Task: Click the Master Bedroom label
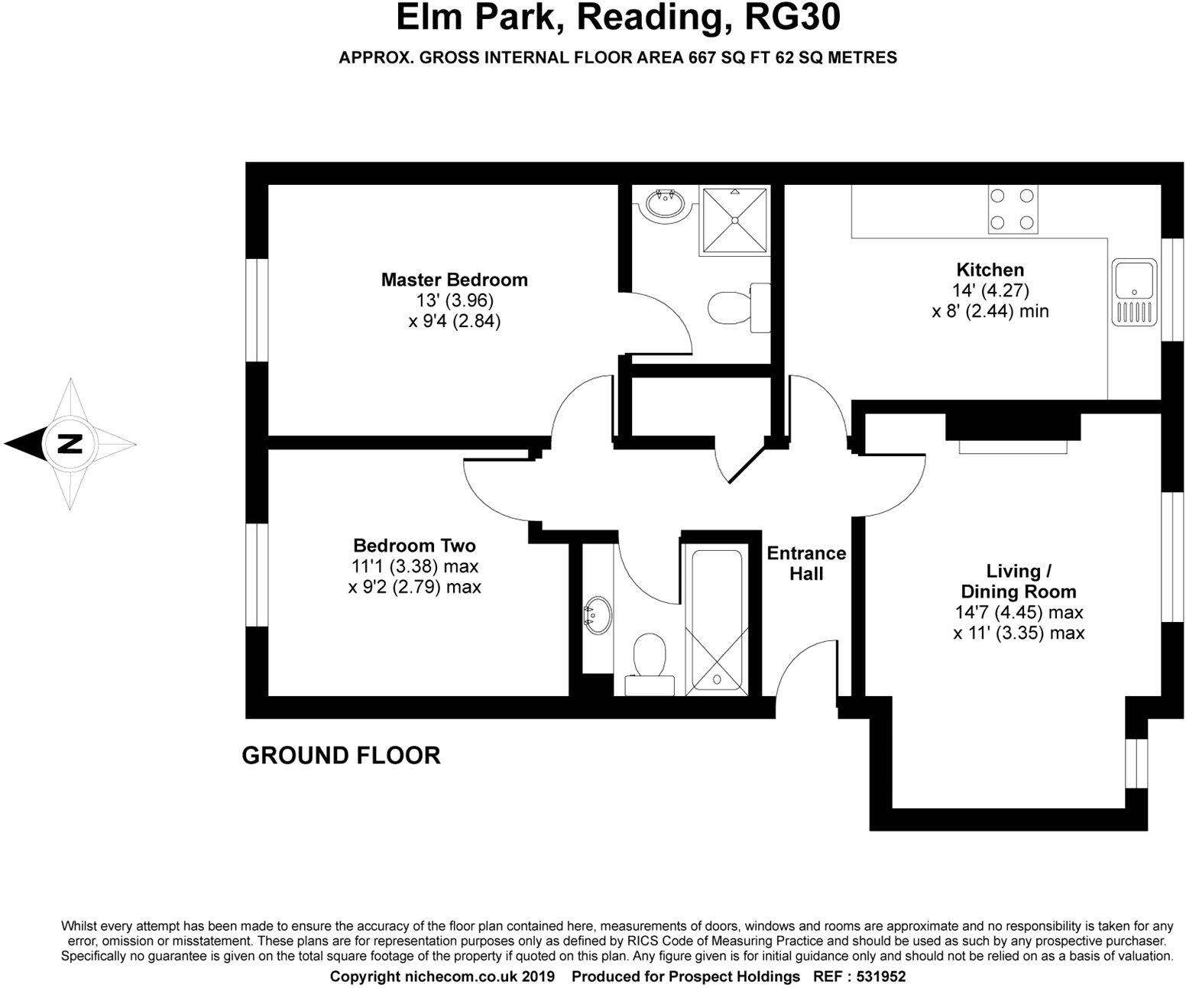point(454,280)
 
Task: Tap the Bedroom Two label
point(414,546)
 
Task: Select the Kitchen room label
point(990,270)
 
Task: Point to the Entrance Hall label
point(806,563)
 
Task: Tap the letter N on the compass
point(70,443)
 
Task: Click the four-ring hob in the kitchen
point(1013,209)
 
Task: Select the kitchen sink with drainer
point(1134,293)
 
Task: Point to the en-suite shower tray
point(733,220)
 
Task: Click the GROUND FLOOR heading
point(341,756)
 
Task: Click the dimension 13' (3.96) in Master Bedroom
point(454,300)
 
